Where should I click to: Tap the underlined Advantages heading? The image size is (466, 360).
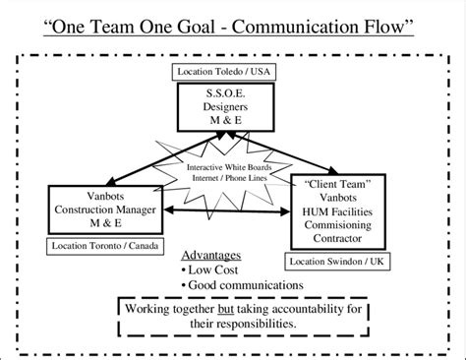coord(212,254)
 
